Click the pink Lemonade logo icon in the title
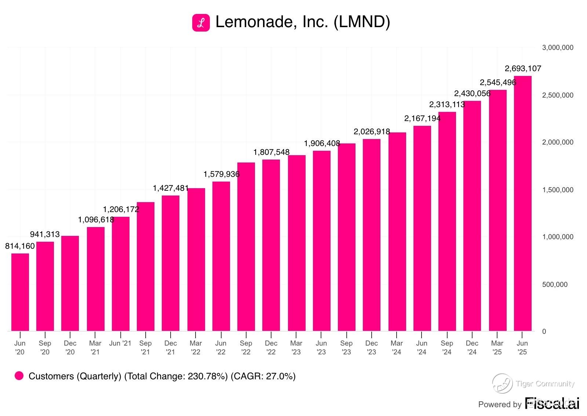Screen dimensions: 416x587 click(x=201, y=23)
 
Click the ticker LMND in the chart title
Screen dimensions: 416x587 click(x=361, y=22)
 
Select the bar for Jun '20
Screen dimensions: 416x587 click(x=20, y=292)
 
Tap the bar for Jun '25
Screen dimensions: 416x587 click(x=522, y=204)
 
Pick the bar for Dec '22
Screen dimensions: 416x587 click(x=271, y=245)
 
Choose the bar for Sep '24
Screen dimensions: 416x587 click(x=447, y=222)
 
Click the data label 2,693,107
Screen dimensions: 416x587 click(x=523, y=69)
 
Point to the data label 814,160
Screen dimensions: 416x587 click(x=20, y=246)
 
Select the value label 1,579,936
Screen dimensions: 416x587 click(x=222, y=174)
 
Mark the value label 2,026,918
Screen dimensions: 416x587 click(x=372, y=132)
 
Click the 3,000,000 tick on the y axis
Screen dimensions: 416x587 click(x=557, y=48)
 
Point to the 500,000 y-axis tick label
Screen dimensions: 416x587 click(x=555, y=284)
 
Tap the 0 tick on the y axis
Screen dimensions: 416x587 click(x=544, y=331)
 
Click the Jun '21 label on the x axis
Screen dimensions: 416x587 click(x=120, y=343)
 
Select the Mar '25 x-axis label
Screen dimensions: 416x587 click(x=497, y=347)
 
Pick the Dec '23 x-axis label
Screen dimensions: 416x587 click(x=371, y=347)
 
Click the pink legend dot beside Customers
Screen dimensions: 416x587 click(x=19, y=376)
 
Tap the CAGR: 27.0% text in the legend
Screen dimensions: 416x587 click(x=263, y=376)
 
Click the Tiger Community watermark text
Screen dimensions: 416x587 click(x=545, y=384)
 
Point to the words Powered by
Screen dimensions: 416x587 click(x=500, y=404)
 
